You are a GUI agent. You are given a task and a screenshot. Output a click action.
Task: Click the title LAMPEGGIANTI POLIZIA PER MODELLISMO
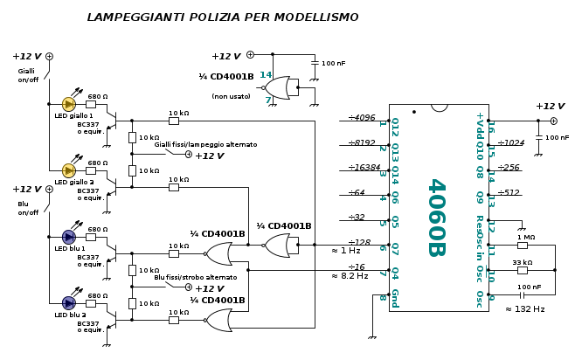point(223,17)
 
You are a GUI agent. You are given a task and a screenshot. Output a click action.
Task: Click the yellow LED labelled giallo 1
point(69,104)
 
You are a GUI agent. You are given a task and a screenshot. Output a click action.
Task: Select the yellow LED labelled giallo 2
point(69,170)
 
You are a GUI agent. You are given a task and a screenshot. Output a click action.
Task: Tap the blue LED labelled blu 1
point(69,236)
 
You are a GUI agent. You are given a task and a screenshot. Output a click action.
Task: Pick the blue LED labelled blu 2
point(69,302)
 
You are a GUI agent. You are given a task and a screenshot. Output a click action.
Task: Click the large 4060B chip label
point(436,218)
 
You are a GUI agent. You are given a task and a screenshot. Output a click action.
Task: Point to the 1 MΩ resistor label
point(526,237)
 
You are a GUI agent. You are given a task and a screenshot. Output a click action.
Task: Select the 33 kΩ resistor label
point(523,262)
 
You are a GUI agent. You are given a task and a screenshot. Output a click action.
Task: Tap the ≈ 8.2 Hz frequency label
point(350,276)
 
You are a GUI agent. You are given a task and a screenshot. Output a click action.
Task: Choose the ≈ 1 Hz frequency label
point(346,252)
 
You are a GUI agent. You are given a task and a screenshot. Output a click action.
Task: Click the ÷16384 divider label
point(364,168)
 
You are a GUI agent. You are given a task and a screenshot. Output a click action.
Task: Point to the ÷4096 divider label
point(362,117)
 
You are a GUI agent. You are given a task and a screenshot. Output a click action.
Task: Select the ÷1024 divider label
point(511,142)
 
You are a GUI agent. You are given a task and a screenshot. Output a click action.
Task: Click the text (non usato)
point(231,96)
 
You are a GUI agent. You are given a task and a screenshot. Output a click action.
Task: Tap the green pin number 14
point(266,75)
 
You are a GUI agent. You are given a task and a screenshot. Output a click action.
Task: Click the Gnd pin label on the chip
point(395,297)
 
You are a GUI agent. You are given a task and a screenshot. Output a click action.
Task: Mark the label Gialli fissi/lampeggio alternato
point(206,144)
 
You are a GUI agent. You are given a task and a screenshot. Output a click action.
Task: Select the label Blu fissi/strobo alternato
point(196,277)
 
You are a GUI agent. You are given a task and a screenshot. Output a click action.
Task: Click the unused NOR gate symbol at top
point(279,87)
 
